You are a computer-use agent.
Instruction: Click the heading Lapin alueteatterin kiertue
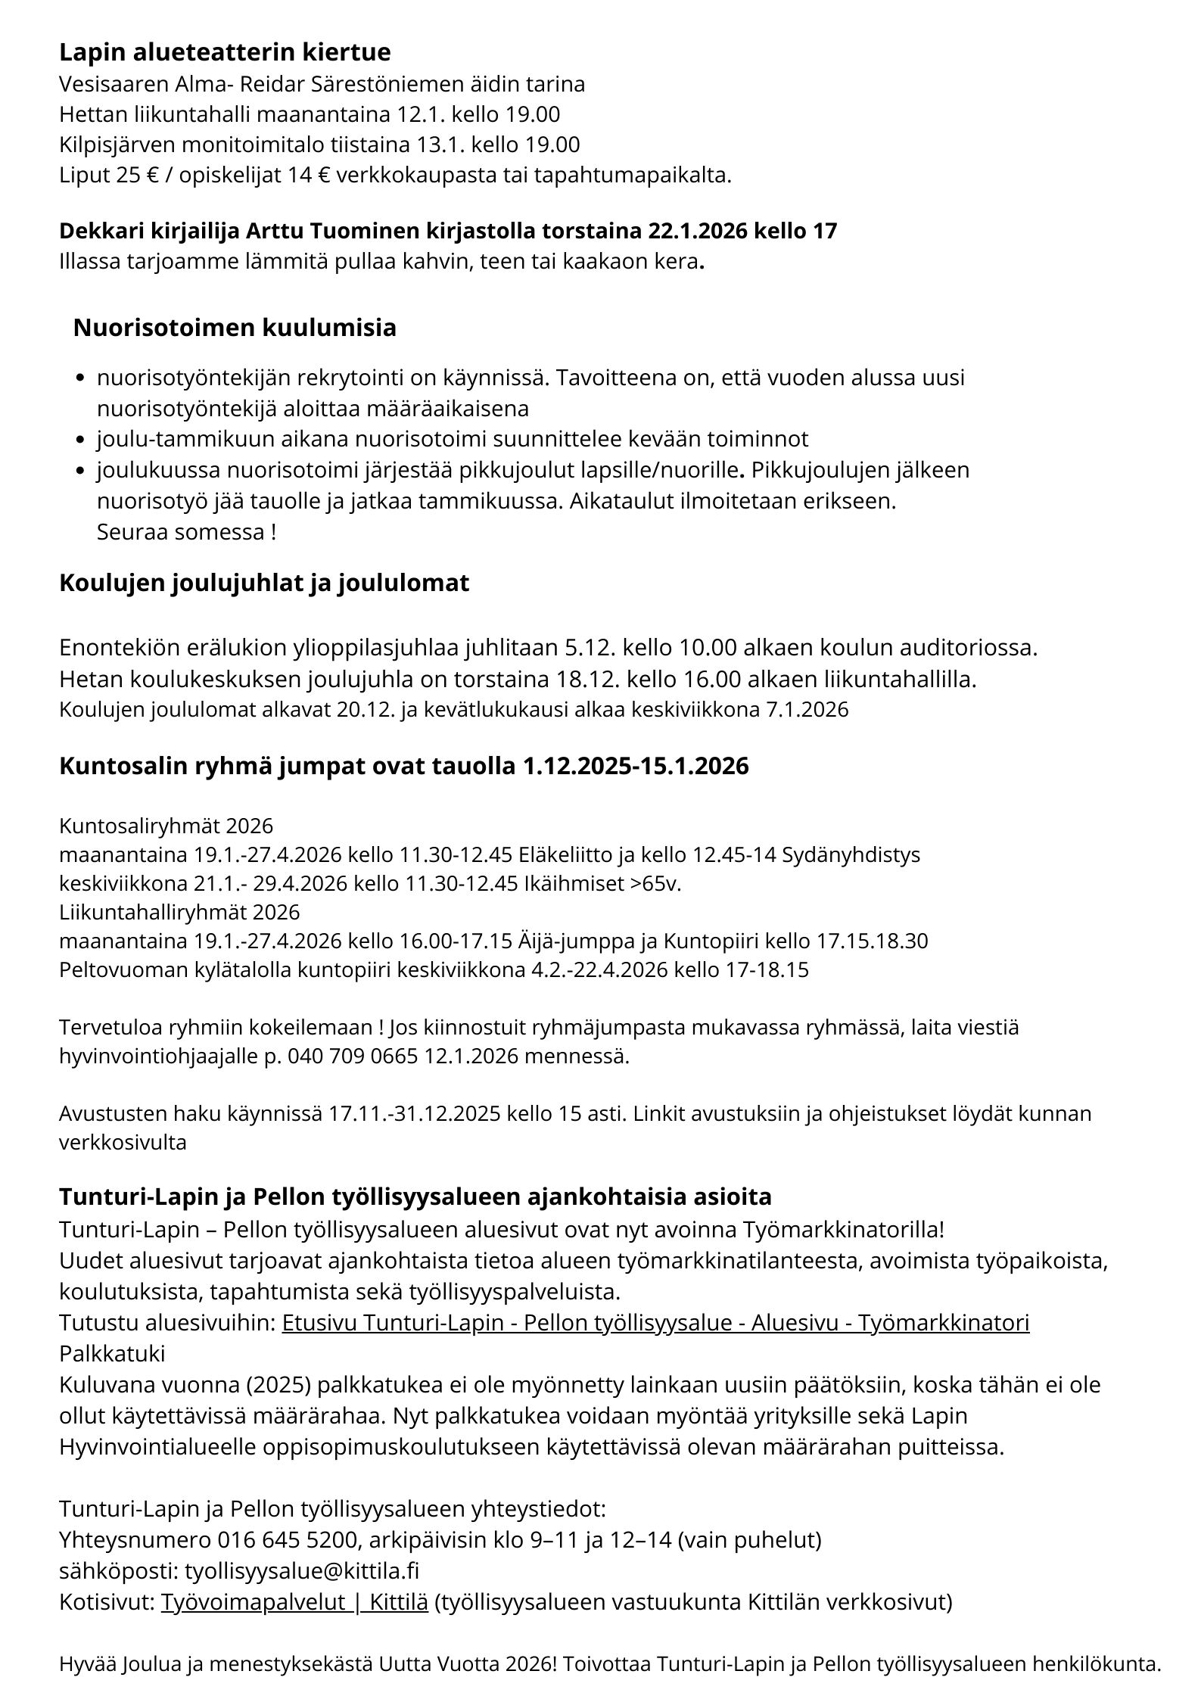pos(225,52)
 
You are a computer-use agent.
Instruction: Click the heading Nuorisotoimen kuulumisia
pos(235,328)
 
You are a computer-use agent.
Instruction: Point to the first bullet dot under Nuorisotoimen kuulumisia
pos(80,378)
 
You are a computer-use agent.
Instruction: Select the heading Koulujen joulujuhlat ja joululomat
pos(264,583)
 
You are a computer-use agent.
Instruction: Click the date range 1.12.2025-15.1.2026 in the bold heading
pos(636,766)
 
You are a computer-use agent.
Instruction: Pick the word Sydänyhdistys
pos(851,855)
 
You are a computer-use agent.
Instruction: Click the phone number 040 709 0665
pos(351,1056)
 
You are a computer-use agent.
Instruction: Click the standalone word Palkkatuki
pos(112,1353)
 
